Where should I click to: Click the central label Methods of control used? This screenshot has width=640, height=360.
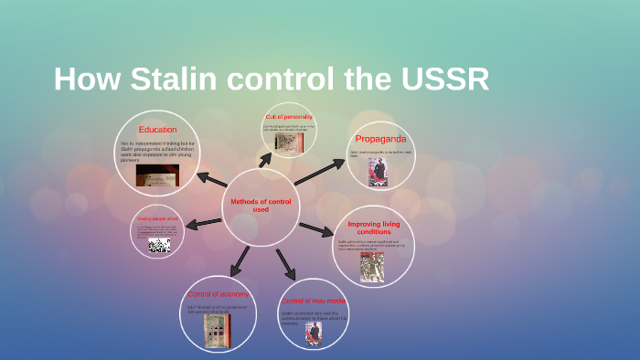261,206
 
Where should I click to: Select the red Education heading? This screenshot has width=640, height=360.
157,130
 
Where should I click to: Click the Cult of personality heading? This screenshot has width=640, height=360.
289,117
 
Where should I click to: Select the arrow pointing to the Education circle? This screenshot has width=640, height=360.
212,179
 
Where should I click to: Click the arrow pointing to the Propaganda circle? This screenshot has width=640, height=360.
319,172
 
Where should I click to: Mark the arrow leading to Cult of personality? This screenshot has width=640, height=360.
266,160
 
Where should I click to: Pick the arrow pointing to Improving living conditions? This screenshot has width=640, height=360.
316,228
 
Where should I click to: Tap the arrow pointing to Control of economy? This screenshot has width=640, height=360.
240,261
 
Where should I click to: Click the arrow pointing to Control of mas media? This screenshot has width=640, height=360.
286,265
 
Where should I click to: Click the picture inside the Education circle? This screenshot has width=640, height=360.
157,175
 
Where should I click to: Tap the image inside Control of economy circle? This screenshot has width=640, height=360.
215,332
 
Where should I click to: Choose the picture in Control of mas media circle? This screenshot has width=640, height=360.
314,334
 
